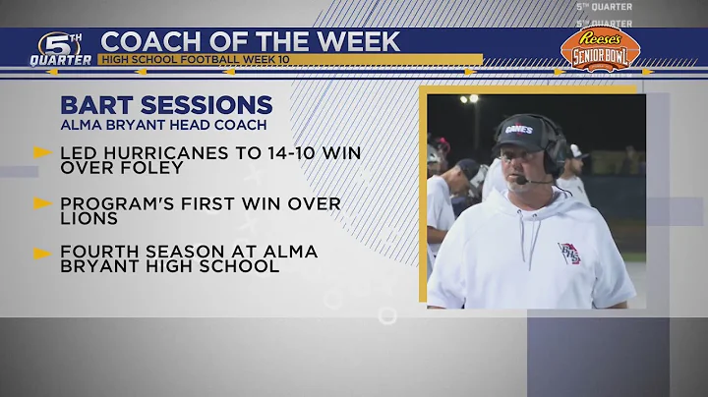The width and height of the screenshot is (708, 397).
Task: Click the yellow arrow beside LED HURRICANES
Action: pyautogui.click(x=42, y=152)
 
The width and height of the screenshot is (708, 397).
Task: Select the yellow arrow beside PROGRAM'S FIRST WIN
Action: pyautogui.click(x=42, y=203)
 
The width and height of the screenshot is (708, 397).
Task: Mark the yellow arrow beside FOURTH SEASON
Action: pyautogui.click(x=42, y=253)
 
